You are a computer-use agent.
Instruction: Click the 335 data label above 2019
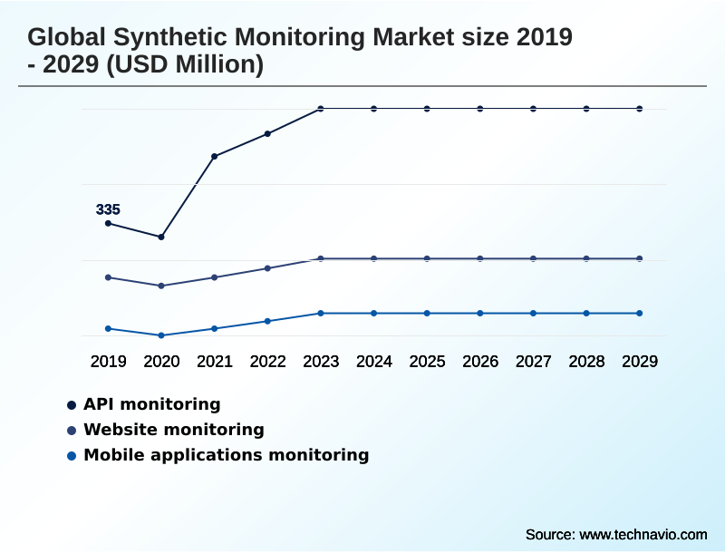[x=108, y=209]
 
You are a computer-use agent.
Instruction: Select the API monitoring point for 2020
[x=161, y=237]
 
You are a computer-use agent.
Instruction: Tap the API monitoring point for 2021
[x=215, y=156]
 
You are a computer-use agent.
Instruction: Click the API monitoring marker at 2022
[x=267, y=133]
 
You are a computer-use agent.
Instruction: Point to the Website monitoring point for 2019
[x=108, y=277]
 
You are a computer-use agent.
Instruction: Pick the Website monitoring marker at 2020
[x=161, y=286]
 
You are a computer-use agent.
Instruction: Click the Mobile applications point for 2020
[x=161, y=335]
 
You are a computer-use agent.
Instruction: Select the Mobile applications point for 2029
[x=639, y=313]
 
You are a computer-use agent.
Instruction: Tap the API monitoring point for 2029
[x=639, y=109]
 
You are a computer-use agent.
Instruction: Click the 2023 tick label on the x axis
[x=321, y=361]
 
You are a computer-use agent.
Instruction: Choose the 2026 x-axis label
[x=480, y=361]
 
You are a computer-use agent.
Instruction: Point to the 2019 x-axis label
[x=108, y=361]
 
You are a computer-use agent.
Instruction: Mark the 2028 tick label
[x=586, y=361]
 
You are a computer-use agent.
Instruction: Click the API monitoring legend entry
[x=151, y=404]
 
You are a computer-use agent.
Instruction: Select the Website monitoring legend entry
[x=173, y=430]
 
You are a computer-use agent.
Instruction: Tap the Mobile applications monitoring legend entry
[x=226, y=455]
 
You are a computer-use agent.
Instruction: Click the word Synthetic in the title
[x=176, y=38]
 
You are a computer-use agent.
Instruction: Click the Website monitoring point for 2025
[x=427, y=258]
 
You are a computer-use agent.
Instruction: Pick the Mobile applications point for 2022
[x=267, y=321]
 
